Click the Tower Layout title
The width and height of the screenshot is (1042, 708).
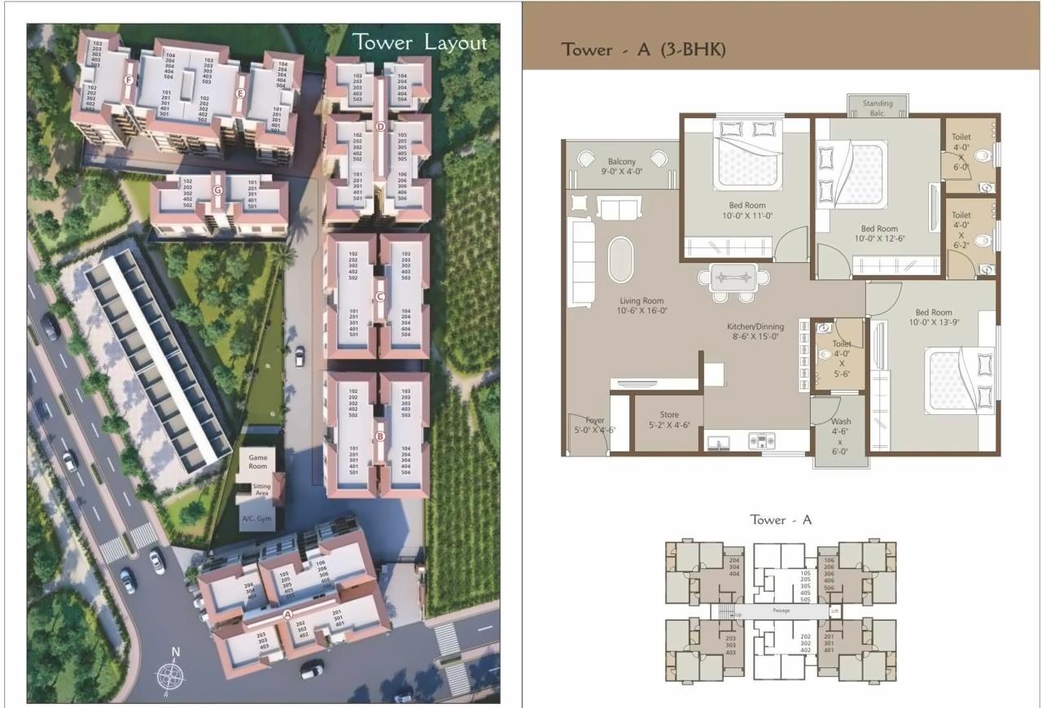click(419, 43)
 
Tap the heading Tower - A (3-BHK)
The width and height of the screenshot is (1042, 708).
click(643, 50)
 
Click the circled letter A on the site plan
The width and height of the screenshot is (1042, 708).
click(287, 615)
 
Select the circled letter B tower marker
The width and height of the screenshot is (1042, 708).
click(379, 436)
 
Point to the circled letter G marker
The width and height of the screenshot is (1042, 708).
click(217, 190)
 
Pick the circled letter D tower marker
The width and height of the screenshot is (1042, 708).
click(380, 126)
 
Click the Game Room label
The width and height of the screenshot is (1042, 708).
click(257, 462)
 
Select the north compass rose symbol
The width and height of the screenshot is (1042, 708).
click(170, 673)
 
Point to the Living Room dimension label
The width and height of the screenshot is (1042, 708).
click(643, 305)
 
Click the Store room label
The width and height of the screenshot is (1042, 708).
click(668, 420)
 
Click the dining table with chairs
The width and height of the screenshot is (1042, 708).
click(733, 279)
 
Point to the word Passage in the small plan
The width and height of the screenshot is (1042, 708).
click(781, 610)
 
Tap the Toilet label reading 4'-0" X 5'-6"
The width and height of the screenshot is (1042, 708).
click(841, 359)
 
